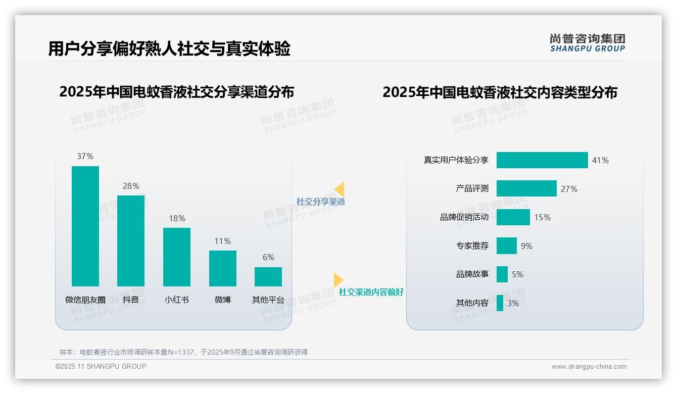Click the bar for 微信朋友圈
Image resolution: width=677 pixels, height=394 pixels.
pos(85,226)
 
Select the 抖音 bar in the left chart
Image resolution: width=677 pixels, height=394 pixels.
pos(131,240)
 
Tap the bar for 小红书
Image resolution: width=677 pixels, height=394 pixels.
pos(177,257)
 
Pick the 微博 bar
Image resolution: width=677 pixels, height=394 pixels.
pos(223,268)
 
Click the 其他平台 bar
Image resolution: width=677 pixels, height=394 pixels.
pos(268,277)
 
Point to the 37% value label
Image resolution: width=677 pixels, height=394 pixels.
pos(85,157)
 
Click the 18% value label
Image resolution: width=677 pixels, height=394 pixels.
pos(177,218)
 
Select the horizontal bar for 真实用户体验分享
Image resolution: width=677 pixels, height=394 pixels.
pos(542,160)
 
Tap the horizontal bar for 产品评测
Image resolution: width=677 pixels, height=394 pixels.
pos(526,188)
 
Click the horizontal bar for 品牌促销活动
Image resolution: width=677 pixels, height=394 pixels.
pos(513,217)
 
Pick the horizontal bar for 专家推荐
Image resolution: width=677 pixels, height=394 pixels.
pos(507,246)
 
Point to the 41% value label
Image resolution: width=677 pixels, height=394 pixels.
pos(601,160)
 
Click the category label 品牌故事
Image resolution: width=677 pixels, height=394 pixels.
pos(472,274)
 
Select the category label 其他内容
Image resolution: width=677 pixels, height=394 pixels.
pos(472,303)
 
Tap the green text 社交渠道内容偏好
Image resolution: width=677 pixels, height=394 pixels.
pos(371,292)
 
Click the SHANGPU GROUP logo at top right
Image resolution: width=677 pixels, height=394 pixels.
pos(588,43)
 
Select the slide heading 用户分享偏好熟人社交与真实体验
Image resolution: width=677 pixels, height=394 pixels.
pos(169,49)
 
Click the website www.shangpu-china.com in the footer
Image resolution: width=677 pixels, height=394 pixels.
pos(589,367)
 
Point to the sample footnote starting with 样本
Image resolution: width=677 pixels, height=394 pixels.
pos(184,352)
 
